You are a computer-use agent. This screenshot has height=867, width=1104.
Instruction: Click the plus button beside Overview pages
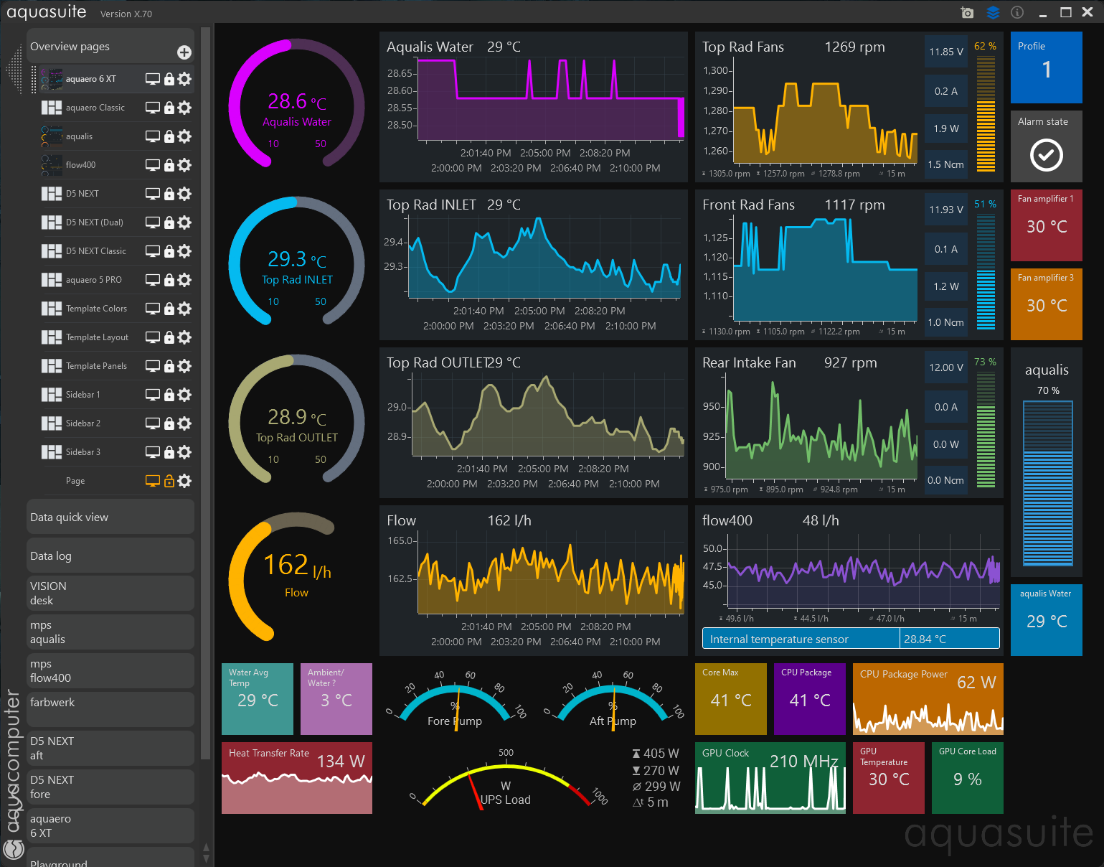coord(184,52)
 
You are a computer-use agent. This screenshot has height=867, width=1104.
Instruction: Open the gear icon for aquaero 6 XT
coord(185,79)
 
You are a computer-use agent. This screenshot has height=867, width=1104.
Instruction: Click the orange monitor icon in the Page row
coord(152,481)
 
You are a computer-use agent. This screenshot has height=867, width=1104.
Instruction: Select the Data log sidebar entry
coord(110,556)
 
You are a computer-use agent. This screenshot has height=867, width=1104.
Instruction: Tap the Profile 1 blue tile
coord(1046,67)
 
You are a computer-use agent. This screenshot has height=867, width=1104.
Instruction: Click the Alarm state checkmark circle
coord(1046,155)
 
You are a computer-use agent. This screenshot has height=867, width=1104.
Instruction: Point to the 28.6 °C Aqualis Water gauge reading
coord(297,102)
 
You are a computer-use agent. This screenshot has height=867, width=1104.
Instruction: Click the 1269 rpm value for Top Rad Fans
coord(854,47)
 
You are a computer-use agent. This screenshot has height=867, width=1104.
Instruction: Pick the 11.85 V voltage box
coord(945,52)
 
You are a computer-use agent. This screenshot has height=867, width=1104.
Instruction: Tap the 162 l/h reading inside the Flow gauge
coord(297,566)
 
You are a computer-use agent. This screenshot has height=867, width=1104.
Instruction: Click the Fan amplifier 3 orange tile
coord(1046,304)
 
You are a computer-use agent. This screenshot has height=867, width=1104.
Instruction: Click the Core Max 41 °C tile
coord(730,699)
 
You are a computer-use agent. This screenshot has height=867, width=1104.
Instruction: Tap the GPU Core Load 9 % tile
coord(967,777)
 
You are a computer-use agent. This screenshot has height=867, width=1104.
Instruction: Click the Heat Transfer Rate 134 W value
coord(341,761)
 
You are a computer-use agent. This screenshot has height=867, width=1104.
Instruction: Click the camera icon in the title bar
coord(967,13)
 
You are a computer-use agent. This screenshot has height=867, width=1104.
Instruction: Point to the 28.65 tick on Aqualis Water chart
coord(400,74)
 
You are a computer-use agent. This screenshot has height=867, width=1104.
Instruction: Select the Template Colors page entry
coord(96,309)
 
